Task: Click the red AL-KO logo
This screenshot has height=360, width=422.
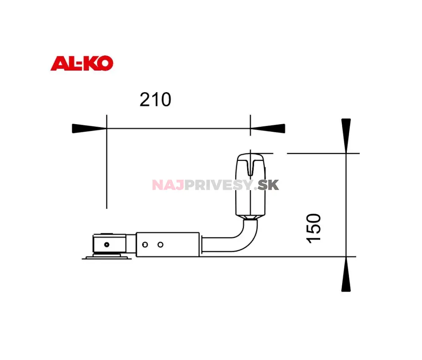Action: (82, 64)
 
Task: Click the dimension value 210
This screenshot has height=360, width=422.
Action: (155, 100)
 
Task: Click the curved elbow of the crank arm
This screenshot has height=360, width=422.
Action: (249, 241)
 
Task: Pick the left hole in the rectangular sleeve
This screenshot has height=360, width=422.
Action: (145, 245)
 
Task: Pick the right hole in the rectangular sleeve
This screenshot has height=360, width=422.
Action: (160, 245)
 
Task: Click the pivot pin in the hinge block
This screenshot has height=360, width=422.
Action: (107, 244)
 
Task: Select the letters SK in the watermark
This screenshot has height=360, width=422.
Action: (269, 185)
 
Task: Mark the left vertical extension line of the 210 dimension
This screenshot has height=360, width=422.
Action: (107, 169)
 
